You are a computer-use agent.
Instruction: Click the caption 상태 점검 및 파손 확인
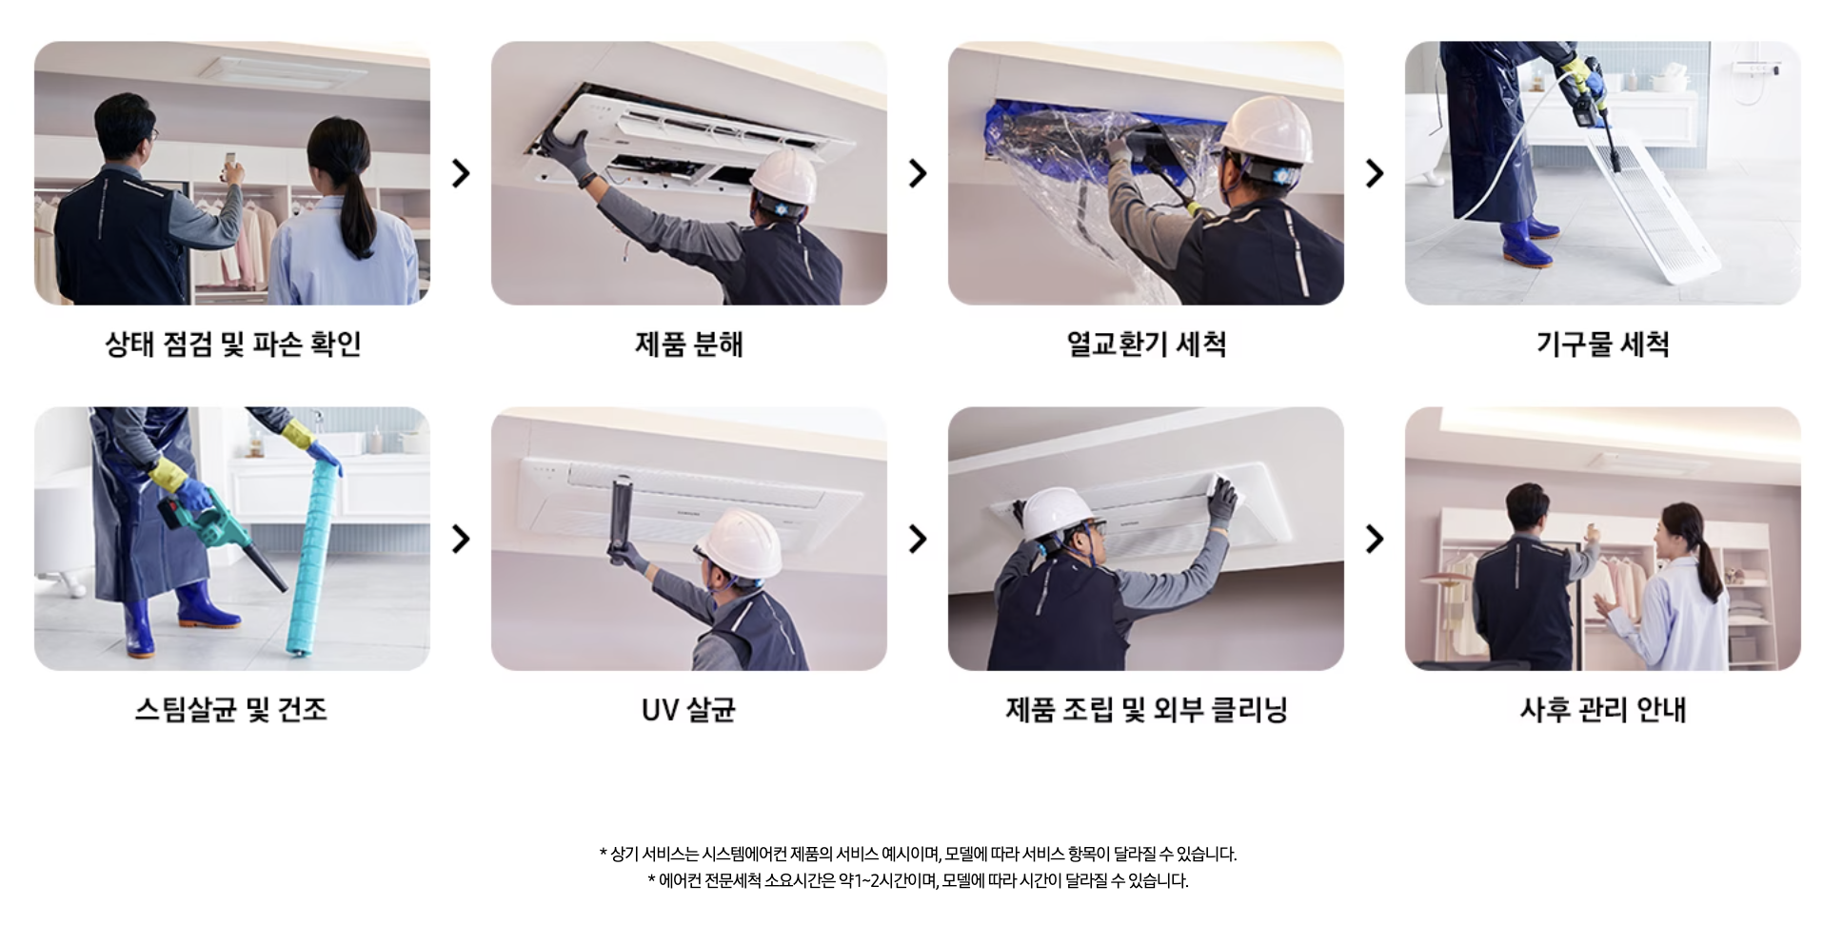coord(232,344)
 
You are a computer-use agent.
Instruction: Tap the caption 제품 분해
coord(688,344)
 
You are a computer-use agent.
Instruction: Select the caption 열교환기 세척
coord(1145,344)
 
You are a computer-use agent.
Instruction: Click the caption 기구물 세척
coord(1602,344)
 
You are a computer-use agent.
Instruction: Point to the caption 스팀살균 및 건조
coord(231,709)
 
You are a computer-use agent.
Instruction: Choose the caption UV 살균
coord(688,709)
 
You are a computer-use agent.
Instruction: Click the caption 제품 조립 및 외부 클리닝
coord(1145,709)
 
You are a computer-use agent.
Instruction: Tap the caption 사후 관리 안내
coord(1602,709)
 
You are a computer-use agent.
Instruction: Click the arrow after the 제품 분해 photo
coord(918,173)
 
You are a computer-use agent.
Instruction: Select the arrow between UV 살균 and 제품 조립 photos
coord(918,539)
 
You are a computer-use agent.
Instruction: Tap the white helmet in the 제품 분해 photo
coord(783,176)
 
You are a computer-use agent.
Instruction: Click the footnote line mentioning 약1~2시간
coord(918,880)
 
